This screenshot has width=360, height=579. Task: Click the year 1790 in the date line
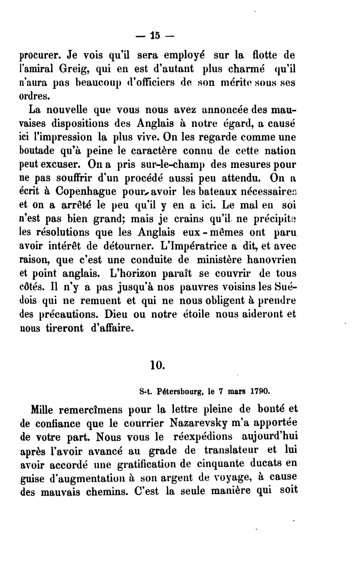(260, 392)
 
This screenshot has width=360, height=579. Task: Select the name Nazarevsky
(197, 423)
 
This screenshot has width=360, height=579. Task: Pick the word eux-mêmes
(213, 232)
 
